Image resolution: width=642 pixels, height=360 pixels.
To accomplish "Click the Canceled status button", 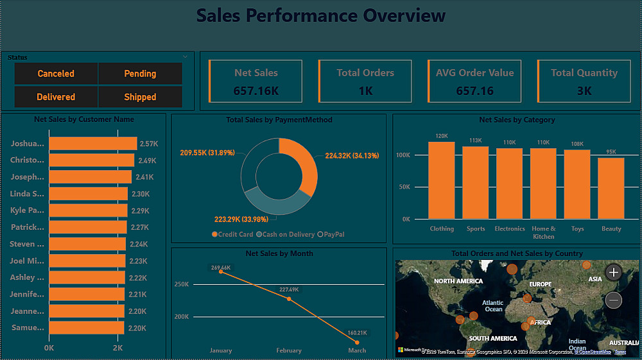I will coord(56,74).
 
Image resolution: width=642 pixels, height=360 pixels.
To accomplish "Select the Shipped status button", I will coord(140,97).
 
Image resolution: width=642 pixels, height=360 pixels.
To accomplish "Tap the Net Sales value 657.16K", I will coord(256,91).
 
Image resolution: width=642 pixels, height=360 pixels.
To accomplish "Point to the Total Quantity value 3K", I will coord(584,91).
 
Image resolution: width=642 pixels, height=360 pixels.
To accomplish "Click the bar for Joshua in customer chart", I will coord(93,144).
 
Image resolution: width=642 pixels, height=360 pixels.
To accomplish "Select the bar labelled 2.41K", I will coord(90,177).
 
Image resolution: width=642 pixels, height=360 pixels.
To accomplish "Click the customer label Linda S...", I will coord(28,194).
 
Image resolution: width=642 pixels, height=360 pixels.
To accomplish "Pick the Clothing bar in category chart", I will coord(442,180).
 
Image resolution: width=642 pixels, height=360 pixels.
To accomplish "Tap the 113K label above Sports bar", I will coord(476,141).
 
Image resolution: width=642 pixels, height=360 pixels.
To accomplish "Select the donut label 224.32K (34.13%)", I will coord(352,155).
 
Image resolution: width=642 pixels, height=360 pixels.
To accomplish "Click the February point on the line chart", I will coord(289,298).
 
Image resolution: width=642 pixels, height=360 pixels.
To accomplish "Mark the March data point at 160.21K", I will coord(357,342).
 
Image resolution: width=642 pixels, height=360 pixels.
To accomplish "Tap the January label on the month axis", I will coord(221,350).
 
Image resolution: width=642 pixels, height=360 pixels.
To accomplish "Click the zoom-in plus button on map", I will coord(614,272).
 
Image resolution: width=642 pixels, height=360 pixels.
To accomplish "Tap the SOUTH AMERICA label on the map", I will coord(493,338).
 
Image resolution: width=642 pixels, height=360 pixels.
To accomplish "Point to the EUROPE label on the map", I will coord(541,284).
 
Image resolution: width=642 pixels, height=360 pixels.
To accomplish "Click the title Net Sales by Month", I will coord(279,253).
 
